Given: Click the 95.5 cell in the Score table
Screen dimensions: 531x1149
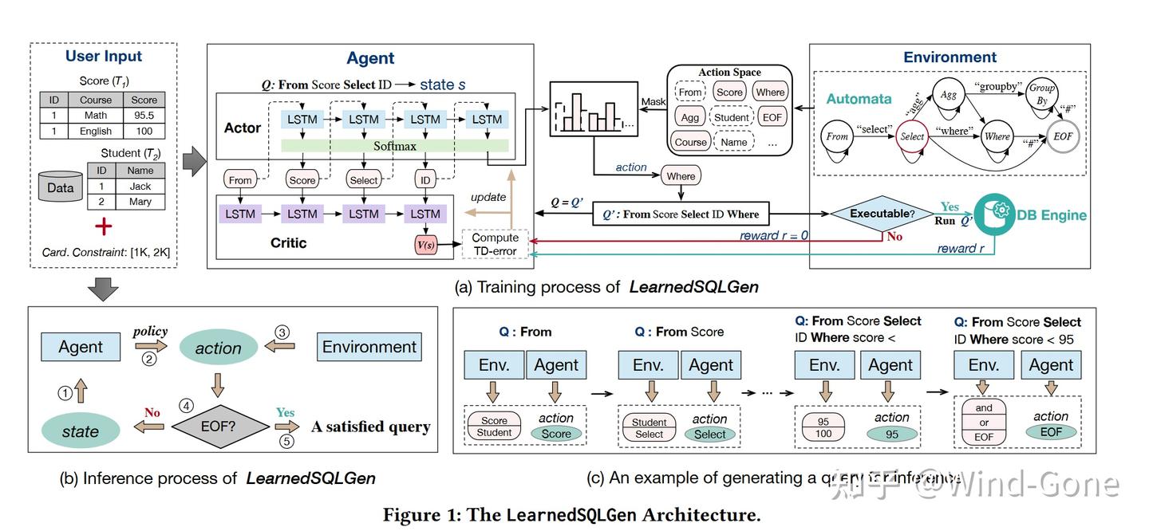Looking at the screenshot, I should click(144, 116).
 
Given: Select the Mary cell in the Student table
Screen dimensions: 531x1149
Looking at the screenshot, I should click(140, 202).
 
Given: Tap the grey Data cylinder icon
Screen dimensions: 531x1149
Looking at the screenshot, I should click(61, 188).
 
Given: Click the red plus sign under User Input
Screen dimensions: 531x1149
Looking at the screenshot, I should click(104, 227).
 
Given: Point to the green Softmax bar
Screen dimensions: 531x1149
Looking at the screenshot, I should click(395, 146).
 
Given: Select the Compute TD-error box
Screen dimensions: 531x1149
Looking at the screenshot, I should click(495, 245).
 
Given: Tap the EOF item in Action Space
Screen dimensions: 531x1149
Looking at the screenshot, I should click(772, 117).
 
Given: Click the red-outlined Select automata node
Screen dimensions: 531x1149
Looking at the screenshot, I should click(911, 136).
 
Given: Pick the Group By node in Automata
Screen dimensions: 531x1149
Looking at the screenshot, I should click(1041, 94).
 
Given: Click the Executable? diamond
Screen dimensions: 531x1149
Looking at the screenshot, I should click(882, 214).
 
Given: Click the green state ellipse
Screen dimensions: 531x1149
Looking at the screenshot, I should click(81, 431).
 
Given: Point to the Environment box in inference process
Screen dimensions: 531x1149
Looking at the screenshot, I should click(369, 347).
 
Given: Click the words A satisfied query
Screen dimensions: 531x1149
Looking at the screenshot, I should click(370, 427).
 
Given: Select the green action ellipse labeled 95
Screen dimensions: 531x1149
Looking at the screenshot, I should click(893, 435).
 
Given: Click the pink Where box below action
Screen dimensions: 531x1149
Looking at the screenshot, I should click(681, 176).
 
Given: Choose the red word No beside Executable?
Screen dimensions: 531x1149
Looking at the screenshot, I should click(894, 237).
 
